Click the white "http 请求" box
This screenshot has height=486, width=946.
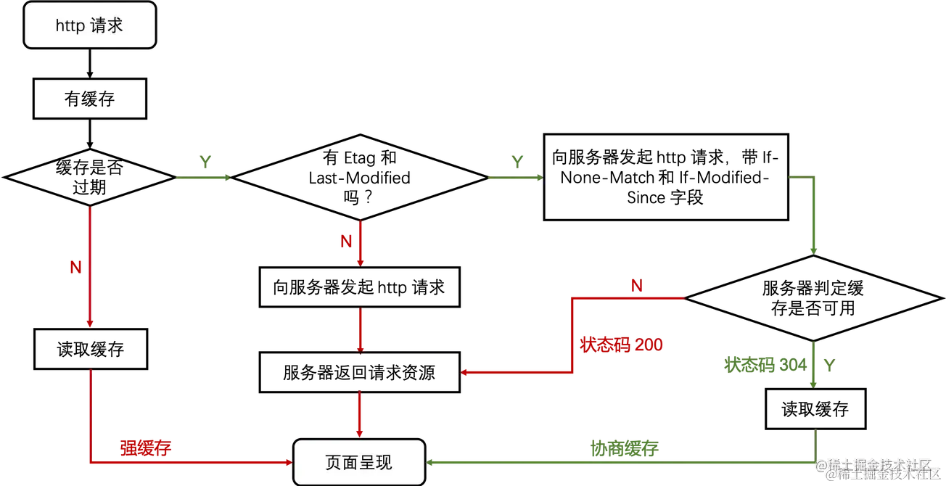[x=90, y=26]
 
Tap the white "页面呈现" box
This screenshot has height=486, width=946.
[x=358, y=462]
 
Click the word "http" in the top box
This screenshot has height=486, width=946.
[x=70, y=26]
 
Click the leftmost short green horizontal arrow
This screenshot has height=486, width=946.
[x=203, y=178]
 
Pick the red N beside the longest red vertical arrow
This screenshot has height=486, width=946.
[x=74, y=268]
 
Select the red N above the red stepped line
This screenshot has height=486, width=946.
[x=636, y=285]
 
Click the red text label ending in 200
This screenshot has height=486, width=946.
[x=622, y=345]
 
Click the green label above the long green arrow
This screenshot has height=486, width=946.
[x=624, y=448]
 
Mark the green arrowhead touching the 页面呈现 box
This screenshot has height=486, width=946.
[x=429, y=462]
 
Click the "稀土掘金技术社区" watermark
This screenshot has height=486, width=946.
[x=879, y=469]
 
